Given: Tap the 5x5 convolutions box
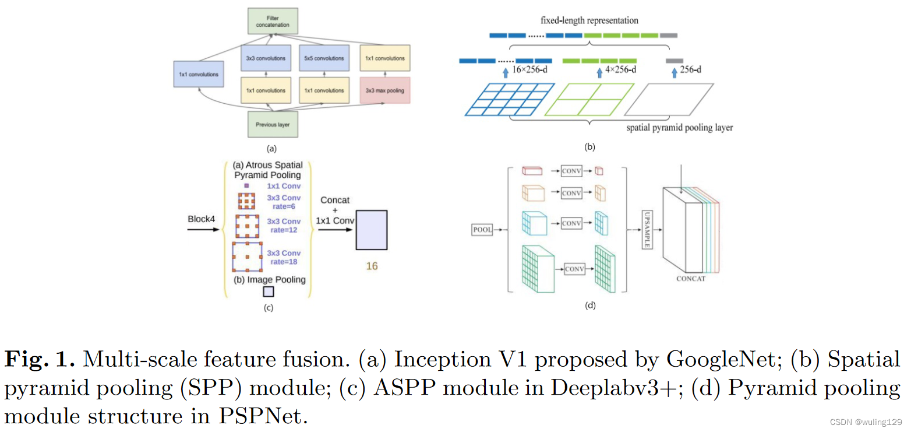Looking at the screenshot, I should click(x=323, y=58).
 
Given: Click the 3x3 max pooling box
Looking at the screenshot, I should click(x=384, y=90).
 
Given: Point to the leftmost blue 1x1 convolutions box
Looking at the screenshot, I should click(x=199, y=75).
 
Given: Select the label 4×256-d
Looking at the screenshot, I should click(x=622, y=70).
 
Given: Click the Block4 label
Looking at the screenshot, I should click(x=202, y=219).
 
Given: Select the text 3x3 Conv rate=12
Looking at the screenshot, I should click(x=284, y=226).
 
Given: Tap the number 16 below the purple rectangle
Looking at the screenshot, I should click(x=372, y=266).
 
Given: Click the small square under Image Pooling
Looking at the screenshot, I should click(x=268, y=291).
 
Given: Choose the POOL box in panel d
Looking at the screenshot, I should click(x=482, y=230).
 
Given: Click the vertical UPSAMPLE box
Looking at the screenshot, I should click(x=647, y=230).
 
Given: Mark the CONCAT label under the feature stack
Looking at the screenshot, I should click(x=691, y=279).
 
